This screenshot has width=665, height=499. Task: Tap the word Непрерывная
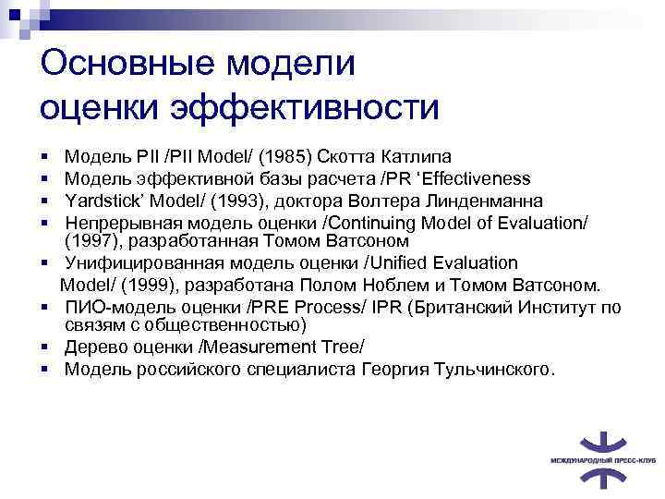tap(123, 223)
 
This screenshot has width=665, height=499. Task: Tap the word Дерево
tap(94, 347)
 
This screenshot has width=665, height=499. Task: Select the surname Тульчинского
tap(494, 370)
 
